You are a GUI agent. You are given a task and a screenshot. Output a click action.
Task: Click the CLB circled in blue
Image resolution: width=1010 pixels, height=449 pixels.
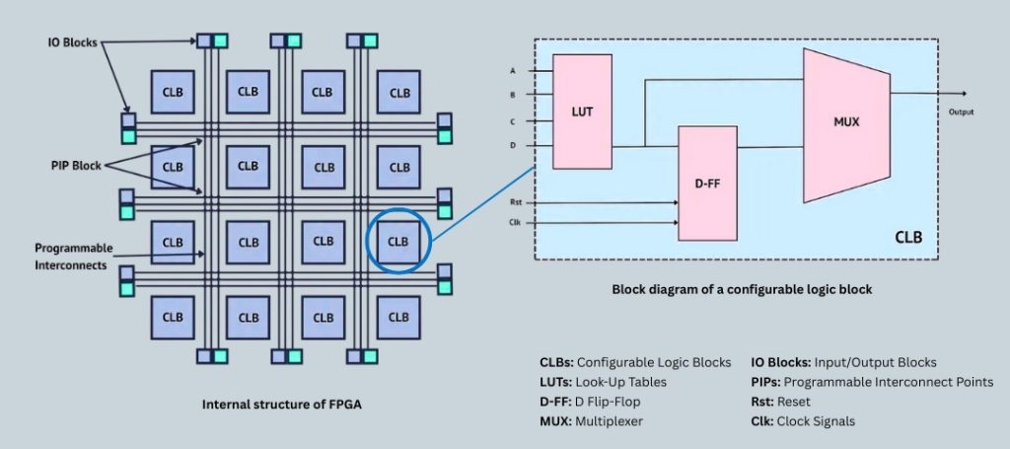pyautogui.click(x=398, y=241)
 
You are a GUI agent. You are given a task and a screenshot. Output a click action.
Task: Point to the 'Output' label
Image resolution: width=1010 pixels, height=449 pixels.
pyautogui.click(x=962, y=112)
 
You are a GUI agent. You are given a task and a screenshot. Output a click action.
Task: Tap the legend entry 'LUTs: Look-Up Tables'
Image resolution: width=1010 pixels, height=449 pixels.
pyautogui.click(x=604, y=381)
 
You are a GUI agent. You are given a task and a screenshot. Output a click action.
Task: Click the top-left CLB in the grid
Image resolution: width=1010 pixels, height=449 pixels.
pyautogui.click(x=173, y=92)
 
